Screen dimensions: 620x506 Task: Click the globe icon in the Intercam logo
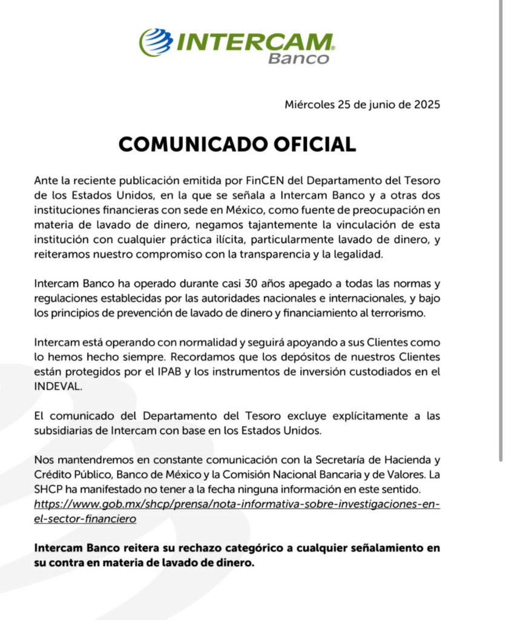coord(156,42)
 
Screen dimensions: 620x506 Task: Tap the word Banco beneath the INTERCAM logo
coord(299,59)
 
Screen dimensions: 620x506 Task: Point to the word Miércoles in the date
coord(309,104)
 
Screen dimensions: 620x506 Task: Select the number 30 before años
coord(251,283)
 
